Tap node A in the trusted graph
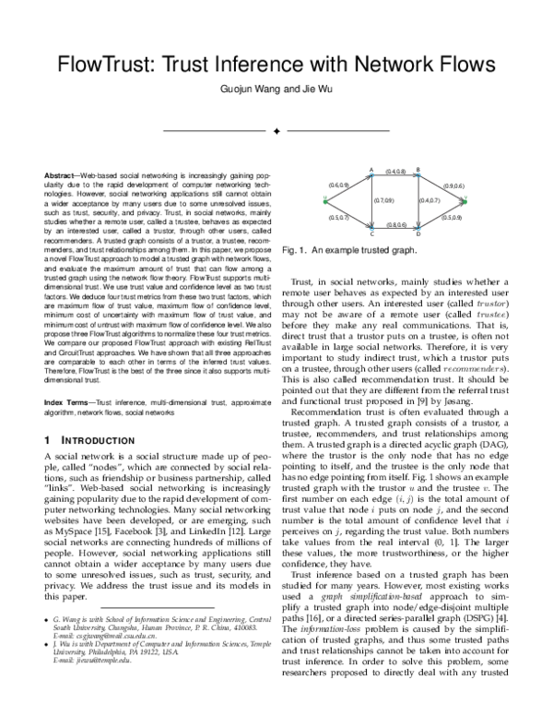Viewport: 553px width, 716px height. pos(371,174)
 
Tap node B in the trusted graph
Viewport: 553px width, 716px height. pos(418,174)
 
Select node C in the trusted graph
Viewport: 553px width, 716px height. pos(371,229)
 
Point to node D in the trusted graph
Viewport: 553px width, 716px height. pos(418,229)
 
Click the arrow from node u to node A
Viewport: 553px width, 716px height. pos(348,187)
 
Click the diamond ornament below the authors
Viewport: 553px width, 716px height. pos(276,131)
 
